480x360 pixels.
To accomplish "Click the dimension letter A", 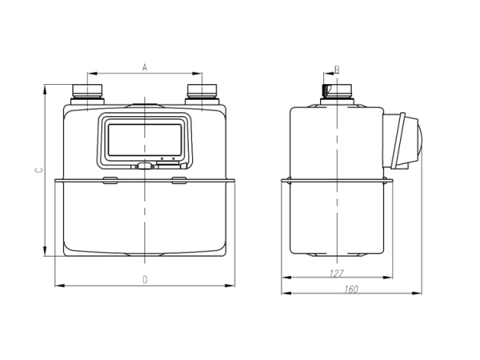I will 145,68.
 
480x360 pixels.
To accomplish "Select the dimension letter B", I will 337,70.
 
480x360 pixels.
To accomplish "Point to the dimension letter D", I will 145,279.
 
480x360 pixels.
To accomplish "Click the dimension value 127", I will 336,273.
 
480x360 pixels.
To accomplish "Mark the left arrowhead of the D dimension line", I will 57,285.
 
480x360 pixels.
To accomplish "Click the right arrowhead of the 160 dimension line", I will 421,294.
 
